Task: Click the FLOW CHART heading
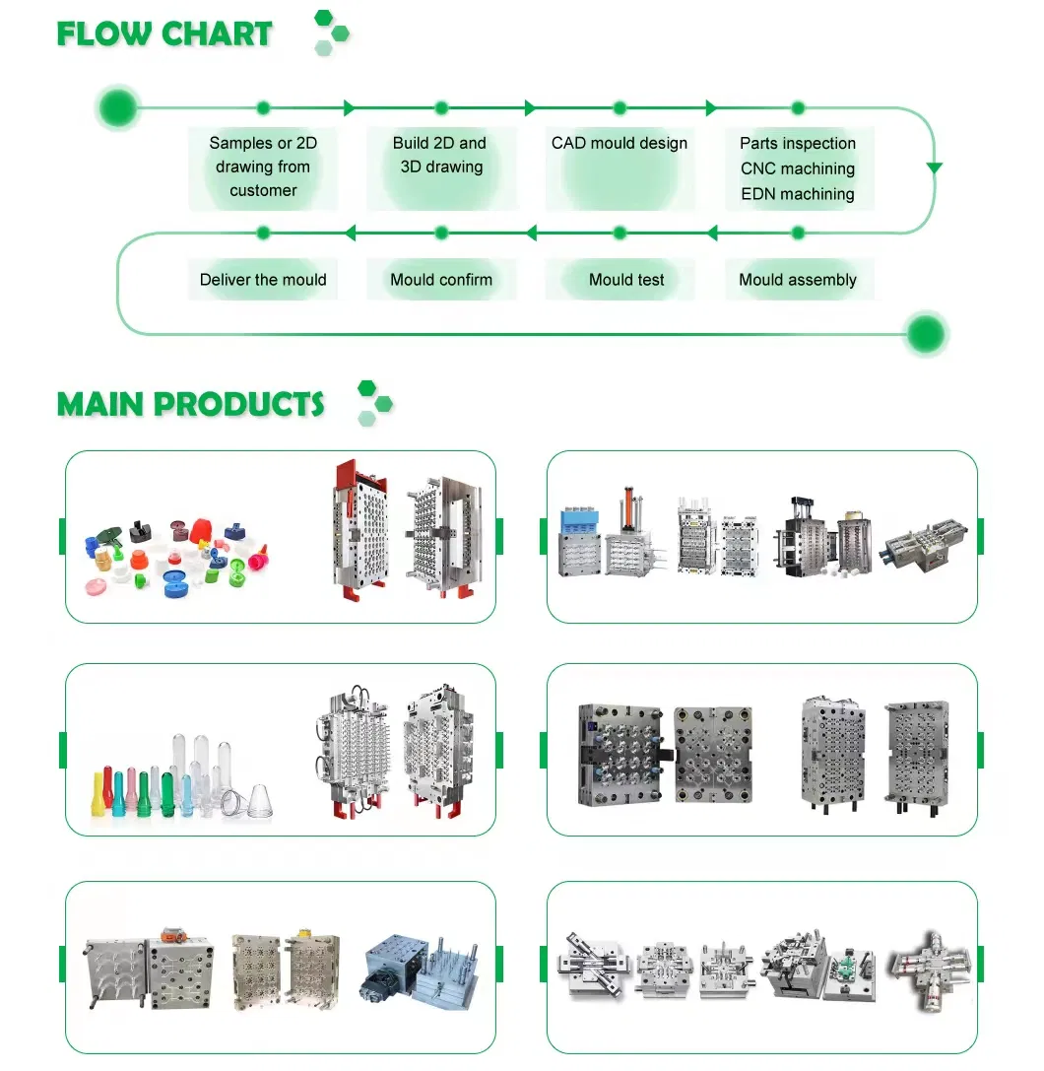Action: point(163,33)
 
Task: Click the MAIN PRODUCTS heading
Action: point(190,404)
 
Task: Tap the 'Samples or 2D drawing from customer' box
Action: point(263,167)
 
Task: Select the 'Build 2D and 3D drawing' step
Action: point(440,155)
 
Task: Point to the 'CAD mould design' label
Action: point(620,144)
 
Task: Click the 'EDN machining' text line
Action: point(797,194)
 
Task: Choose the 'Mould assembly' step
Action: point(797,280)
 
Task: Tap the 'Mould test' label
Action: point(626,280)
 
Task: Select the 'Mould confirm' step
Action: point(440,280)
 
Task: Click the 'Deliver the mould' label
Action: point(263,280)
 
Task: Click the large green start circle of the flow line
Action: point(117,107)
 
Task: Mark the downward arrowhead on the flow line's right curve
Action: point(934,168)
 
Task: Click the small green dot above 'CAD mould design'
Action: point(620,107)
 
